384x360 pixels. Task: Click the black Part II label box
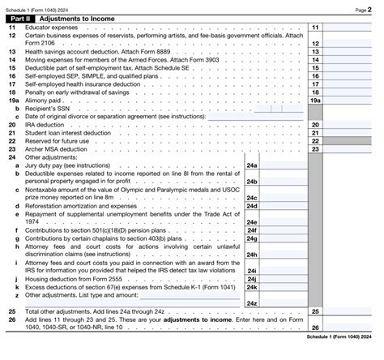23,18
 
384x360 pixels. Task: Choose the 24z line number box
252,302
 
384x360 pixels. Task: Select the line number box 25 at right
315,311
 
